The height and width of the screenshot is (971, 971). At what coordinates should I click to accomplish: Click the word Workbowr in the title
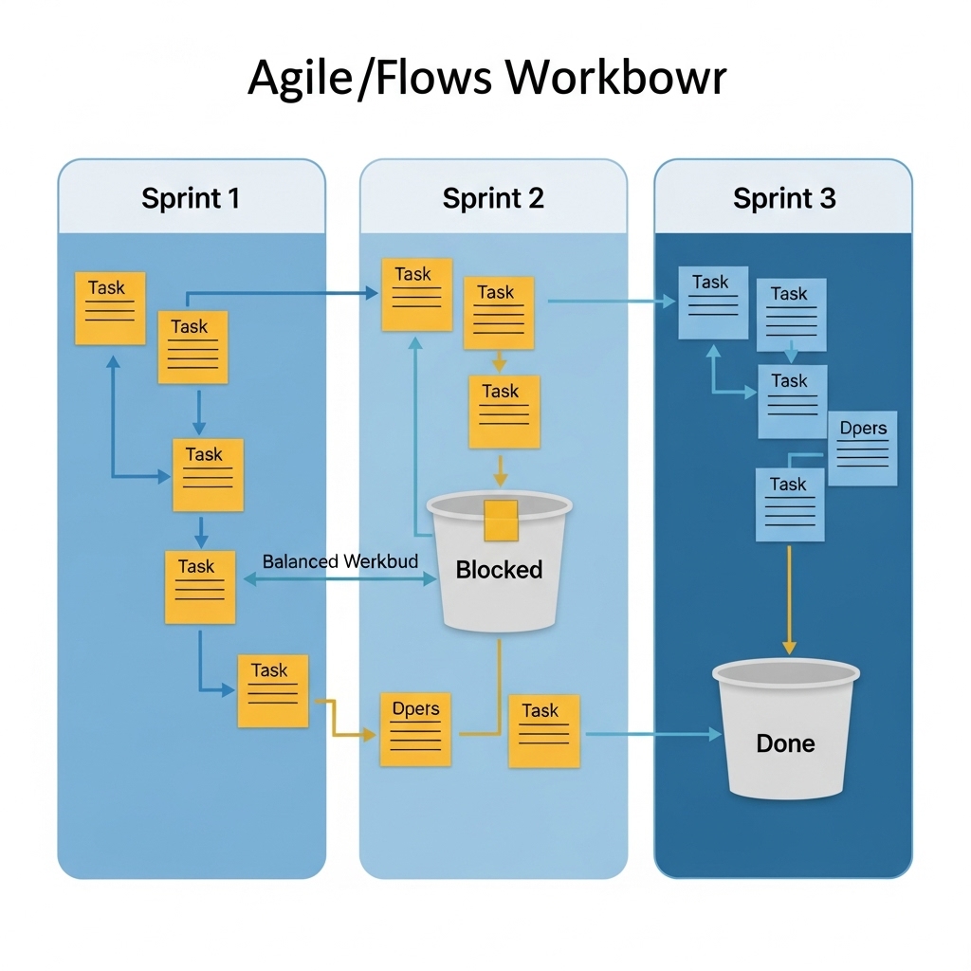coord(615,77)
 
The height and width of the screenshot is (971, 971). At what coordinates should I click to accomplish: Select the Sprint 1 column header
coord(191,198)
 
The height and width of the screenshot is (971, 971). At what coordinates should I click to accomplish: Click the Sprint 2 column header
coord(493,198)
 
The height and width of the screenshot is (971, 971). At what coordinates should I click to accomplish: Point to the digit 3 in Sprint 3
coord(827,198)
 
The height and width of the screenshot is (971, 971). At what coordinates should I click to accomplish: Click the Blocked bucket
coord(499,569)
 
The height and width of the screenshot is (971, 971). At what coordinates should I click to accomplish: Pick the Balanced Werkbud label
coord(339,561)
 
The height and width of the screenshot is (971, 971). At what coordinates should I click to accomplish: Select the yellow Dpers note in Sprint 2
coord(415,729)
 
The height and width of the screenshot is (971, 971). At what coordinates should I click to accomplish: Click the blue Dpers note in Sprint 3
coord(863,448)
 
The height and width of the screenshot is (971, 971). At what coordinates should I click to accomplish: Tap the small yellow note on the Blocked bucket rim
coord(500,518)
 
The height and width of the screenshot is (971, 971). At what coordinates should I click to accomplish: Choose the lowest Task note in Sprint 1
coord(273,690)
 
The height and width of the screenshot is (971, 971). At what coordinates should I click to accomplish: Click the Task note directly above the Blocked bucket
coord(504,412)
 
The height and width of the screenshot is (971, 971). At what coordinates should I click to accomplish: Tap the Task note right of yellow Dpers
coord(543,730)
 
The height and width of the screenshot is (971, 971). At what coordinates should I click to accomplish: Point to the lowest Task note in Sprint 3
coord(789,504)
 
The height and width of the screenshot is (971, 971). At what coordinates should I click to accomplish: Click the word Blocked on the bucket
coord(499,570)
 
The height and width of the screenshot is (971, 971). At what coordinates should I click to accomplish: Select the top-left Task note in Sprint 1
coord(110,307)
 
